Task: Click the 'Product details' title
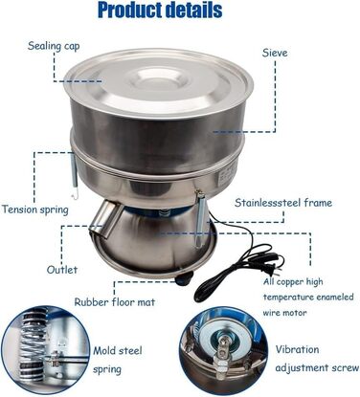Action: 160,11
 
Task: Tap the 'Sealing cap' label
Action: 54,46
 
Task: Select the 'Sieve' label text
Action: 275,53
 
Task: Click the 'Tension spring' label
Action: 35,210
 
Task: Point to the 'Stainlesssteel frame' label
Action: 283,203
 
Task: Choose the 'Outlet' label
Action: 62,270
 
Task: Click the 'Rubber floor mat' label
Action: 115,302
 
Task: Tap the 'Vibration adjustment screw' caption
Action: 317,359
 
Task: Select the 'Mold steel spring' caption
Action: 118,360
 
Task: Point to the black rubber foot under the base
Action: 184,277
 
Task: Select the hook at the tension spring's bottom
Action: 75,194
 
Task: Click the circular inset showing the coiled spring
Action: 45,352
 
